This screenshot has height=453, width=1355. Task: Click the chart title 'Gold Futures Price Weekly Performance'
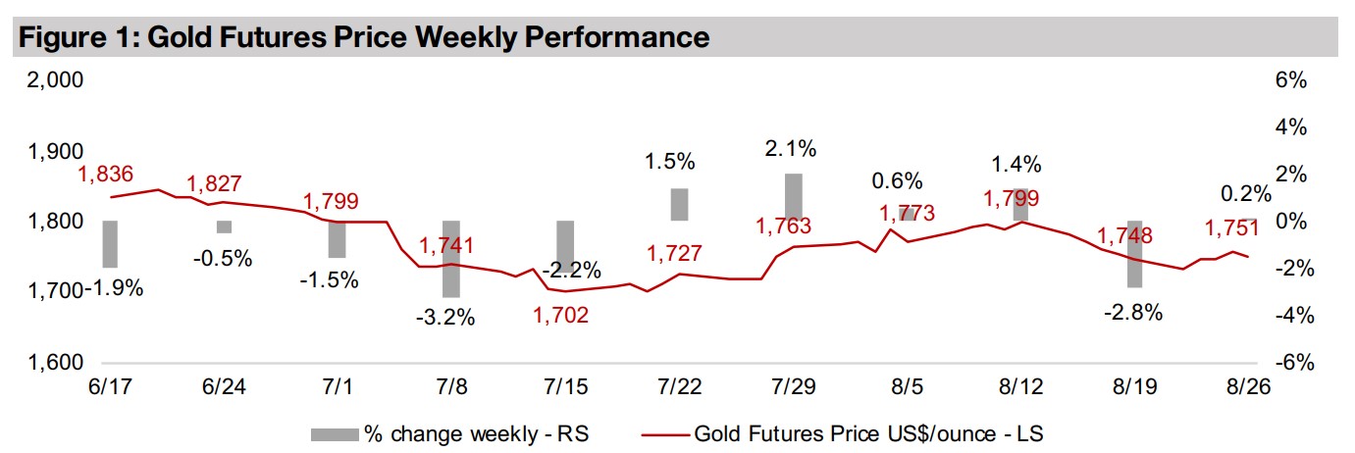(x=363, y=37)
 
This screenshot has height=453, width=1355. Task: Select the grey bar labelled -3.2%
(x=451, y=259)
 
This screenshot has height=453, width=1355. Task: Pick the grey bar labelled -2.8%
(x=1134, y=254)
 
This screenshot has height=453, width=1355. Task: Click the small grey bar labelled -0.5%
(x=224, y=227)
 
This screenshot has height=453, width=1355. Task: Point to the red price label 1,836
(x=107, y=175)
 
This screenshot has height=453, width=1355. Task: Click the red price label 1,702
(x=562, y=316)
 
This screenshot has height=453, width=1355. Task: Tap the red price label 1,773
(x=907, y=213)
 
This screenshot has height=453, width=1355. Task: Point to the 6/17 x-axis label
(x=109, y=386)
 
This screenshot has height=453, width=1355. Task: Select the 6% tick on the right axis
(x=1290, y=81)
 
